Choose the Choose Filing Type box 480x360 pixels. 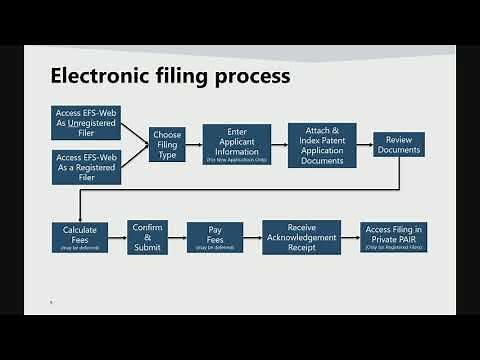click(168, 145)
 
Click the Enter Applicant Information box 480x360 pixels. click(238, 145)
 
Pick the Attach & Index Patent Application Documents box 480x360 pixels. click(322, 145)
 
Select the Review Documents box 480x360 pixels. click(399, 144)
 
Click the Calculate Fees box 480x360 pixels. click(78, 237)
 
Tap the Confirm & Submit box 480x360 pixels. click(147, 237)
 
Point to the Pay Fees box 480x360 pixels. click(214, 237)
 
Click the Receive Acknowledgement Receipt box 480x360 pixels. click(301, 237)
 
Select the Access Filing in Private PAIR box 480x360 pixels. click(393, 237)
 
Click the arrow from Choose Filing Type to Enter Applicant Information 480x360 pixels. click(195, 145)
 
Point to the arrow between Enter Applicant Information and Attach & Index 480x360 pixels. click(280, 145)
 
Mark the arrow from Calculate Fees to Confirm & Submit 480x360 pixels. click(115, 238)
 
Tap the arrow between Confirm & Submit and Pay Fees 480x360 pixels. click(177, 238)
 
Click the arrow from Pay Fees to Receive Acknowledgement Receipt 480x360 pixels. click(252, 238)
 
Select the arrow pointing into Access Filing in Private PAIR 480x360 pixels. click(350, 238)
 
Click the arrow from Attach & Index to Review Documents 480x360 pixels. click(365, 145)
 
